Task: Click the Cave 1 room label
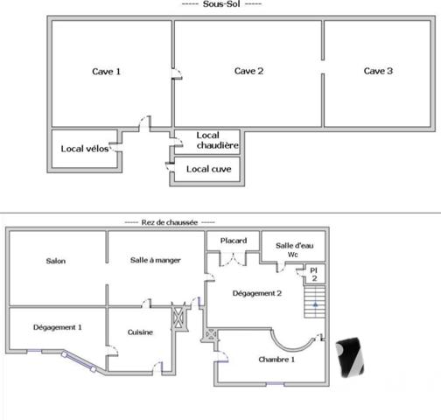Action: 107,72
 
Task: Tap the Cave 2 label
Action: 248,72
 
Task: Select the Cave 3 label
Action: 378,72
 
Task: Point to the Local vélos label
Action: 85,149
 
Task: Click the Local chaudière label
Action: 208,140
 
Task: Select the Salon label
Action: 57,261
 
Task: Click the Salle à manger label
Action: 155,261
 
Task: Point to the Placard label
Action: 234,241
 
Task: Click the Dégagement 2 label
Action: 256,294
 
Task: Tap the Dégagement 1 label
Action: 58,327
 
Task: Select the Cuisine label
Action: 141,332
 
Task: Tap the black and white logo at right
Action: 353,358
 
